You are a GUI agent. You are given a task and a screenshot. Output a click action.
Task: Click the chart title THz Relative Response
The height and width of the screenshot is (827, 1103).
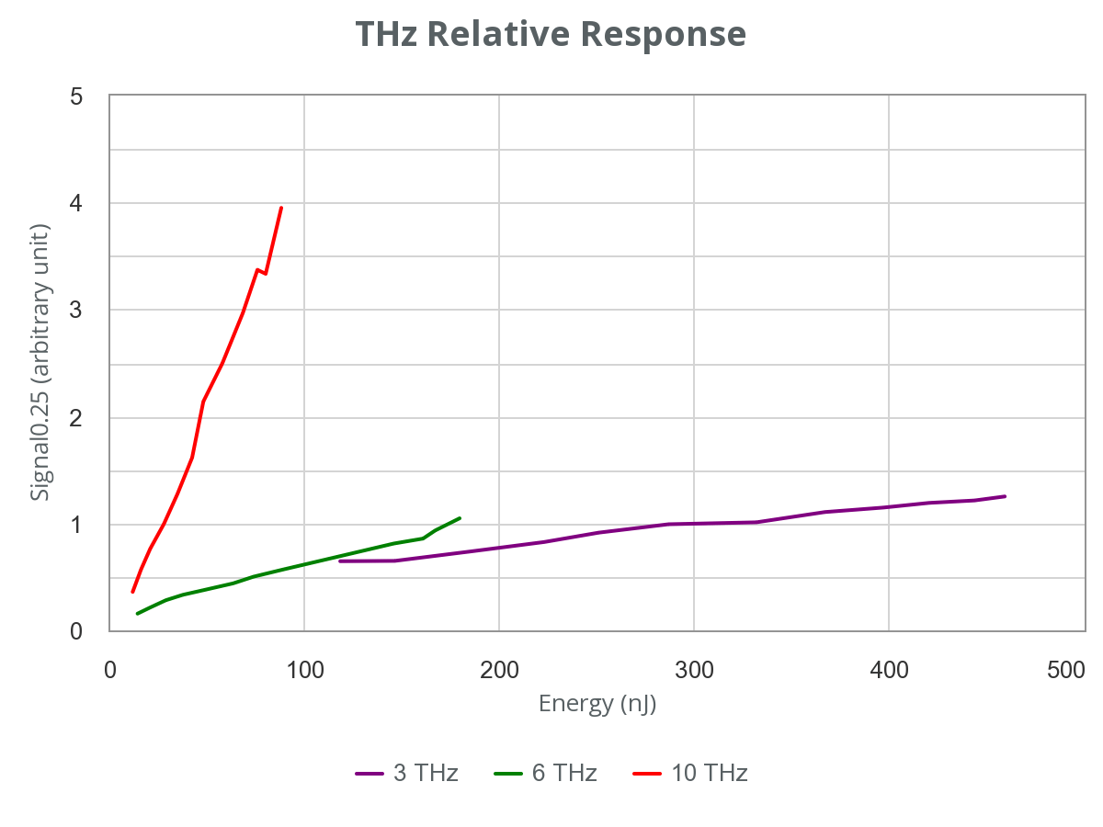point(550,34)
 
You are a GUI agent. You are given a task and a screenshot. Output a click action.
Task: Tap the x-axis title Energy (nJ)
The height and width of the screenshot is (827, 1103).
point(597,705)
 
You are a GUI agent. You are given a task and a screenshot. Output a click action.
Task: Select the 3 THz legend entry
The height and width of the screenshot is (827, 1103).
point(407,774)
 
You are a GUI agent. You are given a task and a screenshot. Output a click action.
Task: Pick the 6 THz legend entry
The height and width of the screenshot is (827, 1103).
point(546,774)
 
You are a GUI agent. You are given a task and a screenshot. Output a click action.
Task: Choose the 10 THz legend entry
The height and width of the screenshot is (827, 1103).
point(691,774)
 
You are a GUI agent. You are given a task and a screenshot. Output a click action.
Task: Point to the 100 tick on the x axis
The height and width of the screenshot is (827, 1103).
point(303,670)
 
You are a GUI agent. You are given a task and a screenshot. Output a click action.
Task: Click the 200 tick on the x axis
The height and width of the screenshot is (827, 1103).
point(498,670)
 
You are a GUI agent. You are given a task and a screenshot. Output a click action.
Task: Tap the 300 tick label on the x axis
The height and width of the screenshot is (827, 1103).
point(693,670)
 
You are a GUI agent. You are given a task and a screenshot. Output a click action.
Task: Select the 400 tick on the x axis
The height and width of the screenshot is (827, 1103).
point(888,670)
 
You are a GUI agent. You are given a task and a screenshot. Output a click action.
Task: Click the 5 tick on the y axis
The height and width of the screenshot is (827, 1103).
point(76,96)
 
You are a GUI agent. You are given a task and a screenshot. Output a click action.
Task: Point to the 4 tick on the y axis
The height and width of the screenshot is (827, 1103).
point(76,203)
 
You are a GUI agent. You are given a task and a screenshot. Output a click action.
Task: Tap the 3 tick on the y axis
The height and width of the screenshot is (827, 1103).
point(76,311)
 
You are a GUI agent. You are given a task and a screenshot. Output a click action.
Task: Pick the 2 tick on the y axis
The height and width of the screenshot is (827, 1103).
point(76,418)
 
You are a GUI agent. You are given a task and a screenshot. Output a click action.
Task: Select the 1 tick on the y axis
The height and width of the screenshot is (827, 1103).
point(76,525)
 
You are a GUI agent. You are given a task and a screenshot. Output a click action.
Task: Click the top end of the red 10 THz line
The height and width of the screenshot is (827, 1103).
point(281,208)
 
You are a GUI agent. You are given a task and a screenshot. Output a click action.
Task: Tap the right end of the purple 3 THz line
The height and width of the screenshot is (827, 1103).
point(1006,496)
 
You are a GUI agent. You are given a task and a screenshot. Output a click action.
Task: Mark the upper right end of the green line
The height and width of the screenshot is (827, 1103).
point(460,518)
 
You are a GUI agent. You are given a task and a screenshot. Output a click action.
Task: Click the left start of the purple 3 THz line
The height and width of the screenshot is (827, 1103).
point(339,560)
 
